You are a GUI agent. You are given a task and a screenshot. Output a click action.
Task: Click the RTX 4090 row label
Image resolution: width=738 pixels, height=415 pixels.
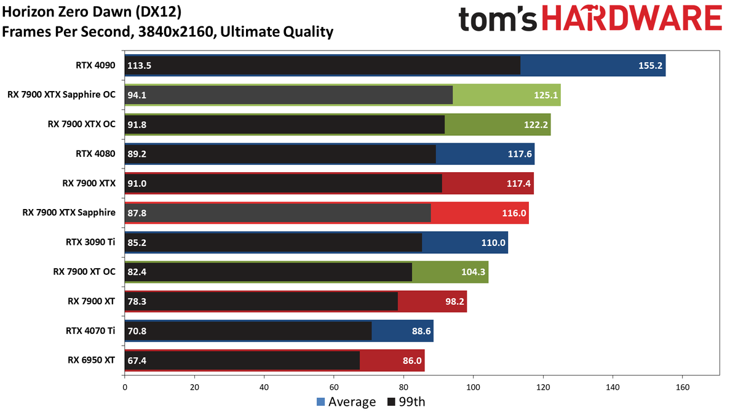[95, 65]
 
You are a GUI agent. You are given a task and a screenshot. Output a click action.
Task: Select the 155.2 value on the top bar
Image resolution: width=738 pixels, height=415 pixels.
[650, 66]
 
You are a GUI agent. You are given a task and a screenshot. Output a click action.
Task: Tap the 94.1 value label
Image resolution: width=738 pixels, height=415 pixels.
[137, 95]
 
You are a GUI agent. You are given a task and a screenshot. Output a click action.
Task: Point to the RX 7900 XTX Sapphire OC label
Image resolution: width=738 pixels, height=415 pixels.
[61, 95]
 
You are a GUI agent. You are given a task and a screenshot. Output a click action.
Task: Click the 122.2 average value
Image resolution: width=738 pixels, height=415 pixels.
[536, 124]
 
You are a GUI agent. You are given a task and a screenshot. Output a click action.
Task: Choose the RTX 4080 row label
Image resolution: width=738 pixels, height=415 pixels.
[95, 154]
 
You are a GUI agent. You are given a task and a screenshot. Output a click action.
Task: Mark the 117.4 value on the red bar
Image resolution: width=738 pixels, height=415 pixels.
[518, 183]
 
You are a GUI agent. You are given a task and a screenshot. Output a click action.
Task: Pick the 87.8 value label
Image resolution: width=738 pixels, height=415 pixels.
[137, 213]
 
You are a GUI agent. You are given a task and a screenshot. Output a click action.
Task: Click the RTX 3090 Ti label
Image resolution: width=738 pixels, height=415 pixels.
[90, 242]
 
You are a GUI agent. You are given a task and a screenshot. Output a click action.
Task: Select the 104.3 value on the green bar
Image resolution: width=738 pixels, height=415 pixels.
[473, 272]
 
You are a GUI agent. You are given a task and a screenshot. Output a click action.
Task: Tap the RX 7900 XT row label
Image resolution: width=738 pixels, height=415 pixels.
[91, 301]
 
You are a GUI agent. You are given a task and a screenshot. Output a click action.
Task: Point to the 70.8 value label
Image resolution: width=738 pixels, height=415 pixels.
[137, 331]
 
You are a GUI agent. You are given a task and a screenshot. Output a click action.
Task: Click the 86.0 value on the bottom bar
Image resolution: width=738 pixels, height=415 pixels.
[412, 361]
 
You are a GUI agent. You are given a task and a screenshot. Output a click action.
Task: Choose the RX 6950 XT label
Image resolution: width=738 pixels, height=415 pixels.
[91, 360]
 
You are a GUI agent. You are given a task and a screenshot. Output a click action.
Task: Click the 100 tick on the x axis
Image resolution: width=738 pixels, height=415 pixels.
[473, 387]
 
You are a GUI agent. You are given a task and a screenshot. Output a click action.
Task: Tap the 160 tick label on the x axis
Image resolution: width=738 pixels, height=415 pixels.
[682, 387]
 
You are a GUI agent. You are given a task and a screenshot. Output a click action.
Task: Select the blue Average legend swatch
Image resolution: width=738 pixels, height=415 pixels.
[320, 402]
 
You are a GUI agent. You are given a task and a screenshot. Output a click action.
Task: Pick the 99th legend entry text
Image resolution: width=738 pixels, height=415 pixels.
[412, 402]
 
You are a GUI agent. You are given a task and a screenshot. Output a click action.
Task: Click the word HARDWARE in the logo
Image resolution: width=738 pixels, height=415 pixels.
[632, 18]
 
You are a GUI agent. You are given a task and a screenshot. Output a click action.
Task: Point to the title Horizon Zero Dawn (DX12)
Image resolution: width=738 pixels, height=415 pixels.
[92, 12]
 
